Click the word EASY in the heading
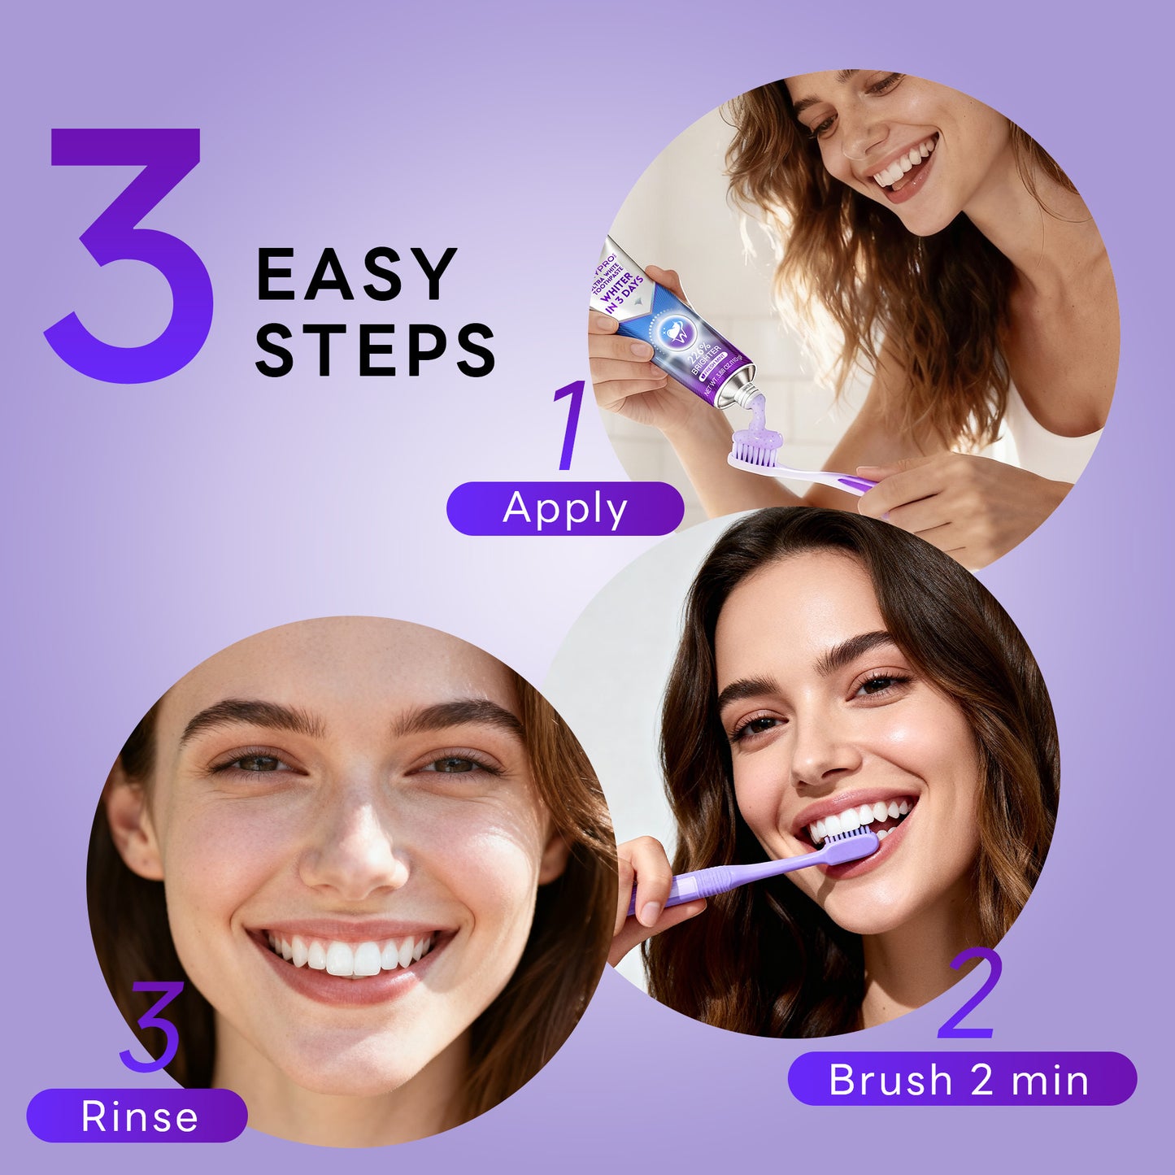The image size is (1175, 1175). tap(356, 275)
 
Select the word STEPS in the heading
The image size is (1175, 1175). tap(375, 350)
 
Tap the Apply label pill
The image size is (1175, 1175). tap(565, 509)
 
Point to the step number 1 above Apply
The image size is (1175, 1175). tap(570, 424)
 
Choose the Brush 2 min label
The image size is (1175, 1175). tap(961, 1079)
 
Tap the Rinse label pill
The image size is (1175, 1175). tap(137, 1116)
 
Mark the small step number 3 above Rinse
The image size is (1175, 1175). tap(150, 1026)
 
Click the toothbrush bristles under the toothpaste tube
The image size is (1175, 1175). tap(756, 450)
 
